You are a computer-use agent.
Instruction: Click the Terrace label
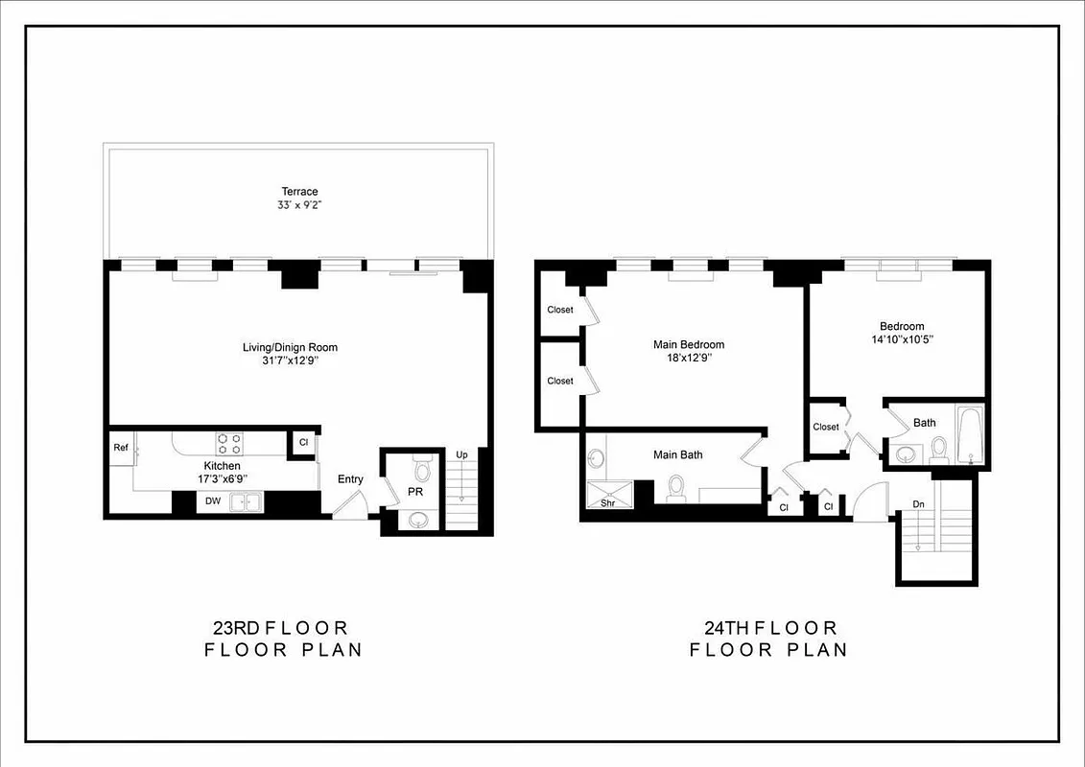(x=299, y=192)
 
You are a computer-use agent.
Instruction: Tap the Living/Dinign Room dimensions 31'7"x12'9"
(x=290, y=360)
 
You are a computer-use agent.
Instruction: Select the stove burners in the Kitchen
(x=229, y=443)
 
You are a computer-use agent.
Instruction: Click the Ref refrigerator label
(x=121, y=448)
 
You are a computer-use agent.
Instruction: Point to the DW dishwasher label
(x=213, y=500)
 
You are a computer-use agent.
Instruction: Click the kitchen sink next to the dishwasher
(x=248, y=500)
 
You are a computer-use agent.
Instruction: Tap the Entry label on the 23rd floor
(x=350, y=479)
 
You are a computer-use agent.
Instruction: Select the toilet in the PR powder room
(x=420, y=469)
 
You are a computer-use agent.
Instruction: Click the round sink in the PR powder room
(x=419, y=520)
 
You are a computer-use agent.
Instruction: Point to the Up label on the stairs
(x=461, y=454)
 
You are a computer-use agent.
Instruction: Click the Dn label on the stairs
(x=918, y=503)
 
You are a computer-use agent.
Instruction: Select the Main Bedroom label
(x=688, y=345)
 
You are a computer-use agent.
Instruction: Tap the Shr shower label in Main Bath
(x=607, y=502)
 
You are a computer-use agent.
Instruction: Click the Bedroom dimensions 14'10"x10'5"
(x=902, y=339)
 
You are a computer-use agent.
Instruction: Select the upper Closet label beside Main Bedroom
(x=560, y=310)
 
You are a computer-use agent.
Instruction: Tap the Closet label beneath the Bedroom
(x=826, y=427)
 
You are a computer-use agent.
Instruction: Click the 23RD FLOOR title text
(x=280, y=629)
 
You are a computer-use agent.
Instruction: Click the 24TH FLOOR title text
(x=770, y=629)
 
